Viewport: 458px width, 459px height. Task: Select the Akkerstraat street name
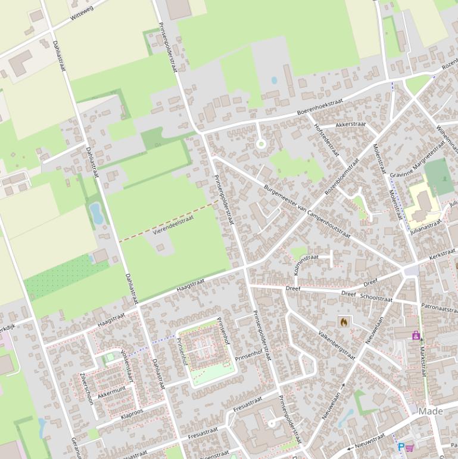[350, 125]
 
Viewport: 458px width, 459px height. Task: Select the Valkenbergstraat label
[337, 346]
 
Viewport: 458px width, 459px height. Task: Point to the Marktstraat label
[423, 359]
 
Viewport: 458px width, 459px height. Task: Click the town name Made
[431, 411]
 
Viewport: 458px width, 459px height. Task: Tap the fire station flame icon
[344, 321]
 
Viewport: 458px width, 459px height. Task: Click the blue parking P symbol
[401, 447]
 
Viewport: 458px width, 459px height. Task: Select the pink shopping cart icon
[410, 447]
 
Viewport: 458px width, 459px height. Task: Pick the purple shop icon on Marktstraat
[416, 335]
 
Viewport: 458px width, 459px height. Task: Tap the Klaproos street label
[132, 413]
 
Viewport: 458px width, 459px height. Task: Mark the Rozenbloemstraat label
[342, 178]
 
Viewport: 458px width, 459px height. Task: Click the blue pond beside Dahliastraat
[96, 213]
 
